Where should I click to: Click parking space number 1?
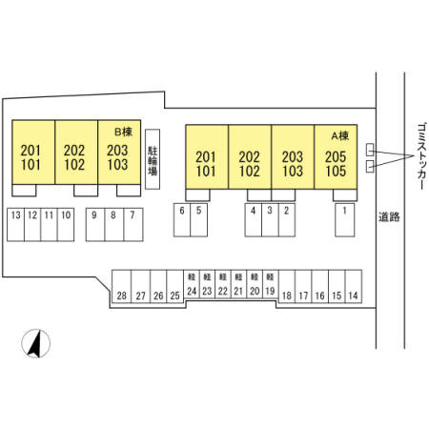(345, 220)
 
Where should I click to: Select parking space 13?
(15, 225)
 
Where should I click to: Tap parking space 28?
(121, 286)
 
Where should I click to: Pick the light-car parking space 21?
(238, 284)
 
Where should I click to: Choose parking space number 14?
(354, 286)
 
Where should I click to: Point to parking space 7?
(133, 225)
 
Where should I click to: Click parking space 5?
(199, 220)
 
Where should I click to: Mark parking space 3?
(270, 220)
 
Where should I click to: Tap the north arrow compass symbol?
(36, 343)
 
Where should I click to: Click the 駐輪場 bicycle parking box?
(153, 159)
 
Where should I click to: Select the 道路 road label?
(389, 216)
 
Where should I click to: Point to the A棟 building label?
(340, 136)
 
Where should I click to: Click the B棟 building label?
(123, 132)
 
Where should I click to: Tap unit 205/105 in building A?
(336, 157)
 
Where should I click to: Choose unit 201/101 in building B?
(33, 152)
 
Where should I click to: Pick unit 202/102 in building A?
(250, 157)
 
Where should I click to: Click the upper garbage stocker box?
(370, 150)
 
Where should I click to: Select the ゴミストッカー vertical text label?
(421, 156)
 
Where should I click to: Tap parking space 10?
(66, 225)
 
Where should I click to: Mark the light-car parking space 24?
(192, 284)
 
